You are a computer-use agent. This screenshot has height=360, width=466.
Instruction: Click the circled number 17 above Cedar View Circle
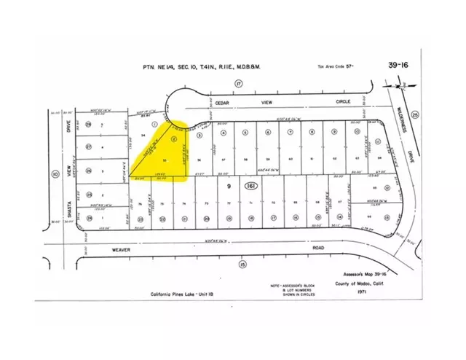(237, 84)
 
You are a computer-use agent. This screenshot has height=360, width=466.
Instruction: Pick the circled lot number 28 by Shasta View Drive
(88, 125)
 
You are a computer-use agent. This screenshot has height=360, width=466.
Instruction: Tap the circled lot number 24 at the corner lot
(88, 217)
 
